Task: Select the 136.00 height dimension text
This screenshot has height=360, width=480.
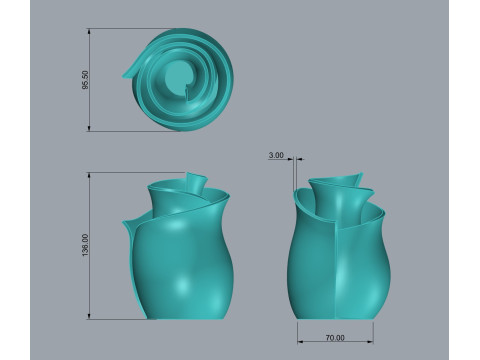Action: pyautogui.click(x=85, y=245)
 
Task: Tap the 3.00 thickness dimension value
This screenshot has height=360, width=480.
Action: pyautogui.click(x=276, y=155)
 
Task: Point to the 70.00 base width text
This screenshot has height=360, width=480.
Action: pyautogui.click(x=335, y=337)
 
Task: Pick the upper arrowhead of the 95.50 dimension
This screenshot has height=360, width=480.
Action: pyautogui.click(x=92, y=31)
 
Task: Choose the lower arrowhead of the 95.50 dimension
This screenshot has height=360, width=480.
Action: pyautogui.click(x=92, y=129)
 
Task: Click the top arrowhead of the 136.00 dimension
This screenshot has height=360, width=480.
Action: pyautogui.click(x=92, y=174)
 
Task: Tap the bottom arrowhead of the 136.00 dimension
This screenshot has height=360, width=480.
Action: pyautogui.click(x=92, y=317)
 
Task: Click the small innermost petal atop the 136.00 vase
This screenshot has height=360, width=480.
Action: pyautogui.click(x=195, y=182)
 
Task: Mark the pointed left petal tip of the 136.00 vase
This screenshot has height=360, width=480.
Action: pyautogui.click(x=125, y=221)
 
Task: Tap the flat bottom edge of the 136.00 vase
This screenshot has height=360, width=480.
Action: pyautogui.click(x=185, y=317)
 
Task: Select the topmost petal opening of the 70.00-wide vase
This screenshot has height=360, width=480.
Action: pyautogui.click(x=335, y=182)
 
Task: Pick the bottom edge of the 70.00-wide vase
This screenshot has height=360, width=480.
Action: pyautogui.click(x=335, y=316)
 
